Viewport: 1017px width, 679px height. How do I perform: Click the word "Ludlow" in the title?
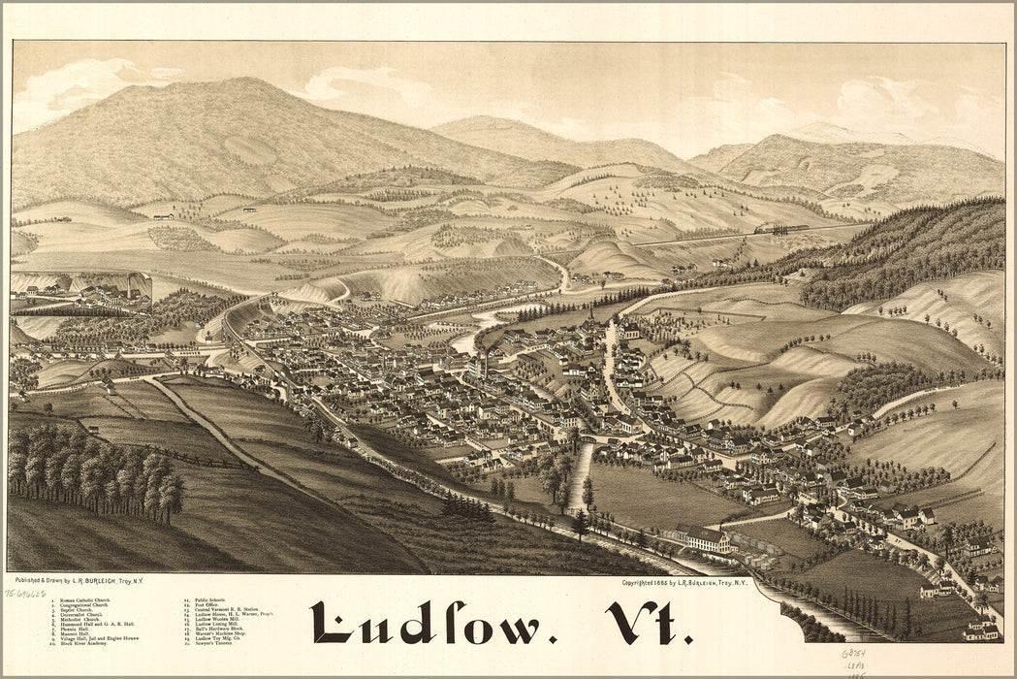click(427, 623)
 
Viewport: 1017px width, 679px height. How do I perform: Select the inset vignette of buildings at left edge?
click(82, 288)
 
